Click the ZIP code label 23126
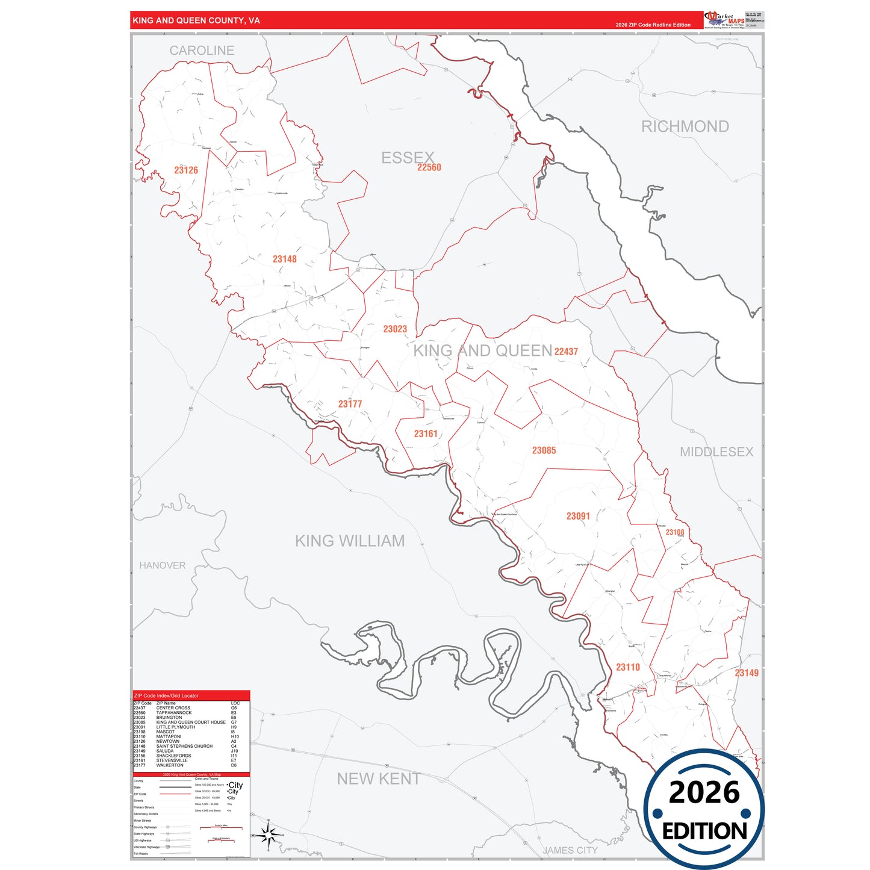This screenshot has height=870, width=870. pos(186,170)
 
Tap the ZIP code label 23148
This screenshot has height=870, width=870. pos(284,259)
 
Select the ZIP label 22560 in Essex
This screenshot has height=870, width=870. pos(429,167)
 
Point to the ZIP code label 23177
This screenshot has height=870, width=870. pos(350,404)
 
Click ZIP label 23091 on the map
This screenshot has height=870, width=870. pos(578,516)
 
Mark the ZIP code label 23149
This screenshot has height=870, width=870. pos(747,673)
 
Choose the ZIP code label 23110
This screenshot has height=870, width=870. pos(628,667)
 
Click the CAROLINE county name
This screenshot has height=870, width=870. pos(202,51)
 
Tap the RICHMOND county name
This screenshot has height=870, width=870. pos(685,126)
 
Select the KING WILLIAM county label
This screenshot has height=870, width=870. pos(350,541)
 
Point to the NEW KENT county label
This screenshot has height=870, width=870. pos(378,778)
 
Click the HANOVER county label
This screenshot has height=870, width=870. pos(163,565)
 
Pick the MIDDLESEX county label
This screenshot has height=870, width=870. pos(716,452)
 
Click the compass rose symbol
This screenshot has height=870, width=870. pos(269,834)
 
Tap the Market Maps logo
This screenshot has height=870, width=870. pos(725,20)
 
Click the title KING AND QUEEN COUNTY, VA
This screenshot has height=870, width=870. pos(196,20)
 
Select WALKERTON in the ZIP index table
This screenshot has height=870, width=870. pos(170,765)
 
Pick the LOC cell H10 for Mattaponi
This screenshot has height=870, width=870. pos(235,736)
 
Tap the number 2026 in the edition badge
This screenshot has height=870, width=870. pos(704,792)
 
